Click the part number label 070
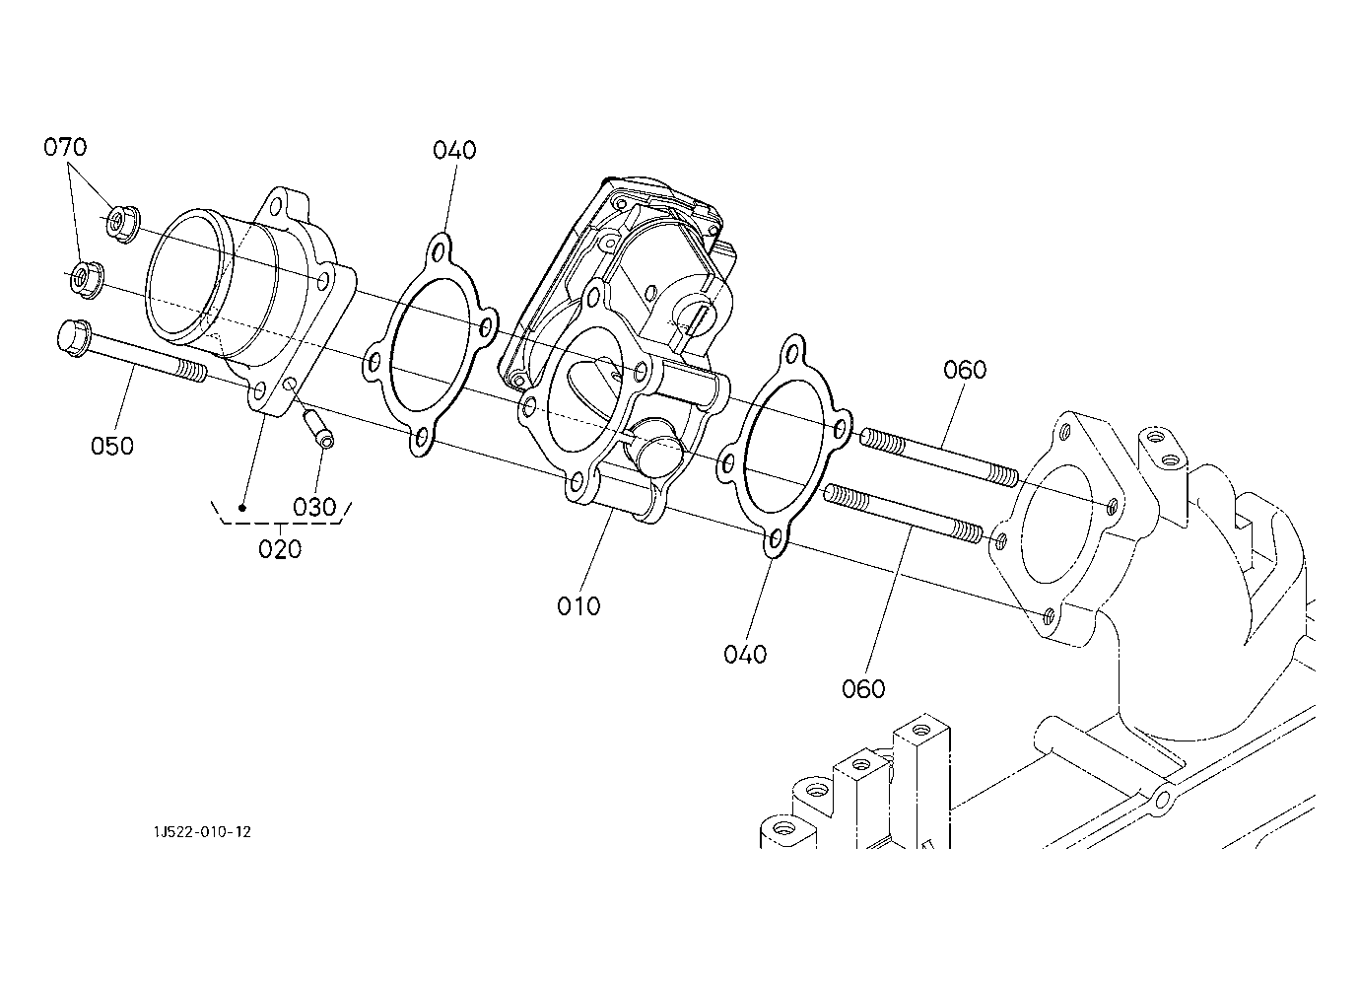[65, 148]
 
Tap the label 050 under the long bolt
[112, 446]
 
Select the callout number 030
[315, 507]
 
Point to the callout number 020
[280, 548]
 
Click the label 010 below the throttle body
[578, 605]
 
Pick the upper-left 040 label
[454, 150]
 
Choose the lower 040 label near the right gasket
[745, 654]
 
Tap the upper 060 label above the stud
[965, 370]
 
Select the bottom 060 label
[864, 688]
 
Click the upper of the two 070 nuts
[122, 223]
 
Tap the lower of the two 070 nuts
[86, 279]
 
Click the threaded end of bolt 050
[193, 372]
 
